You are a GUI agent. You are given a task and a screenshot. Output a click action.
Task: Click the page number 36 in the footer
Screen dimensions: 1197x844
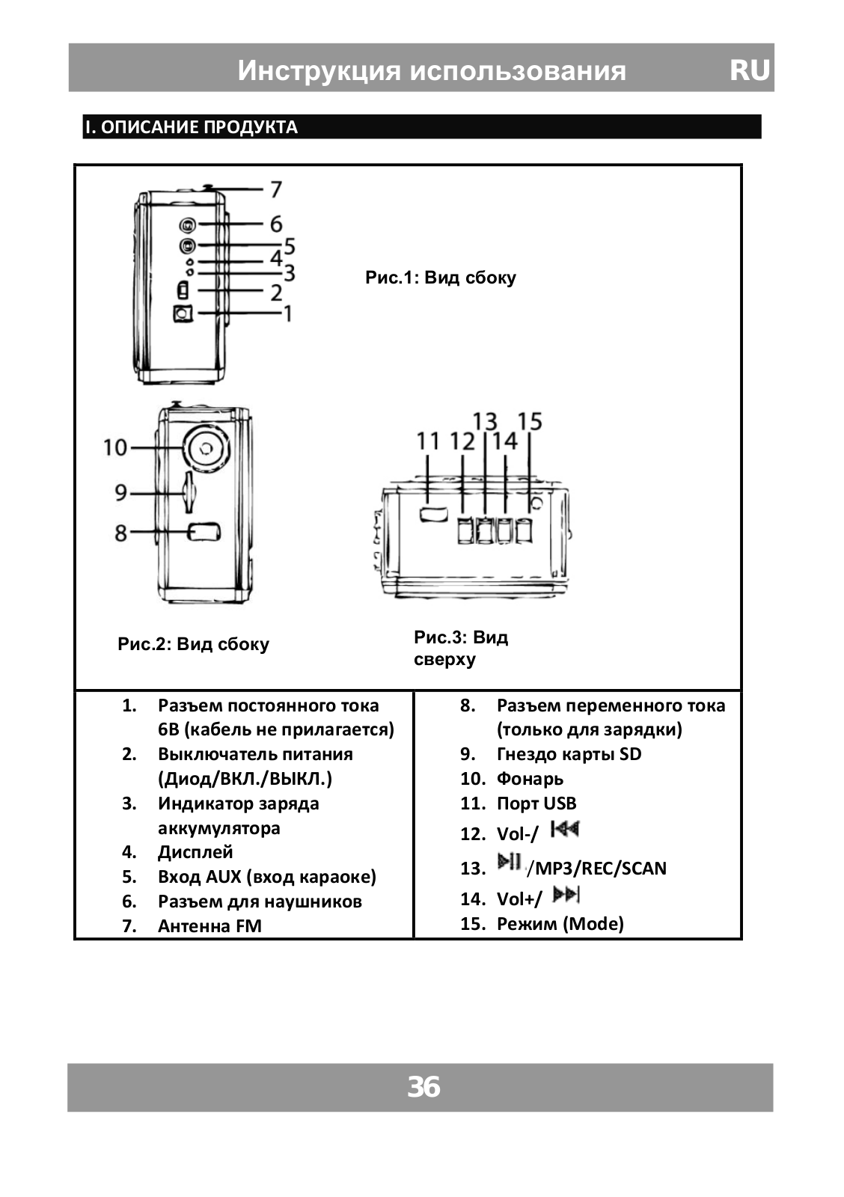423,1087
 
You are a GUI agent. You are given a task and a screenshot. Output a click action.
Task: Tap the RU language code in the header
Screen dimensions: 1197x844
749,70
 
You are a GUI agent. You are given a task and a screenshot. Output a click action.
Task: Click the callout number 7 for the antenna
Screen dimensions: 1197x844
276,189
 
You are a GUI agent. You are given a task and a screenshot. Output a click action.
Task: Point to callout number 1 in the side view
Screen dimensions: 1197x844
286,313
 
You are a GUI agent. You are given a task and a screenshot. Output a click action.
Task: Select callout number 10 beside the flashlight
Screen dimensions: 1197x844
116,447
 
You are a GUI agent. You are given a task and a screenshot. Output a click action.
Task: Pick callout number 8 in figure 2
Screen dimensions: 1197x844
120,533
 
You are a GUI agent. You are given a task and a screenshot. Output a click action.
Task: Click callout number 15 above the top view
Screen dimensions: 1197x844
529,421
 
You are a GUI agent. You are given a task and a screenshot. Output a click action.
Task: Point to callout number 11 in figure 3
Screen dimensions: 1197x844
427,441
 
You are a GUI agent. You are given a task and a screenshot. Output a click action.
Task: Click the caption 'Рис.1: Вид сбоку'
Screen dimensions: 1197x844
440,278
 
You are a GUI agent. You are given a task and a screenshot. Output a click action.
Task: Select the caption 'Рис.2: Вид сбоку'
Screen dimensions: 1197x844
193,644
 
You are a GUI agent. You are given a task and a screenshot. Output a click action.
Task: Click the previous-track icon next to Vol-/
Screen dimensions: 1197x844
565,829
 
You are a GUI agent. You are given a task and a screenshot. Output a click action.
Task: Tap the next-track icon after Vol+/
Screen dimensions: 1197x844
566,894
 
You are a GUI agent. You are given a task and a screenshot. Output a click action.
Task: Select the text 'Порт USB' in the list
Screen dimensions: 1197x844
536,803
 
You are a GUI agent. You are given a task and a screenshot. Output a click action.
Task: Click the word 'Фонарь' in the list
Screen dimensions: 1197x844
530,779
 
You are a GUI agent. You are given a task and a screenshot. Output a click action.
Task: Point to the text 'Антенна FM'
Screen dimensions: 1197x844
210,925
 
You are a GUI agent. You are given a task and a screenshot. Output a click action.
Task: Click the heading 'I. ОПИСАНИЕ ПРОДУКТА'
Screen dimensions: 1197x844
192,127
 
